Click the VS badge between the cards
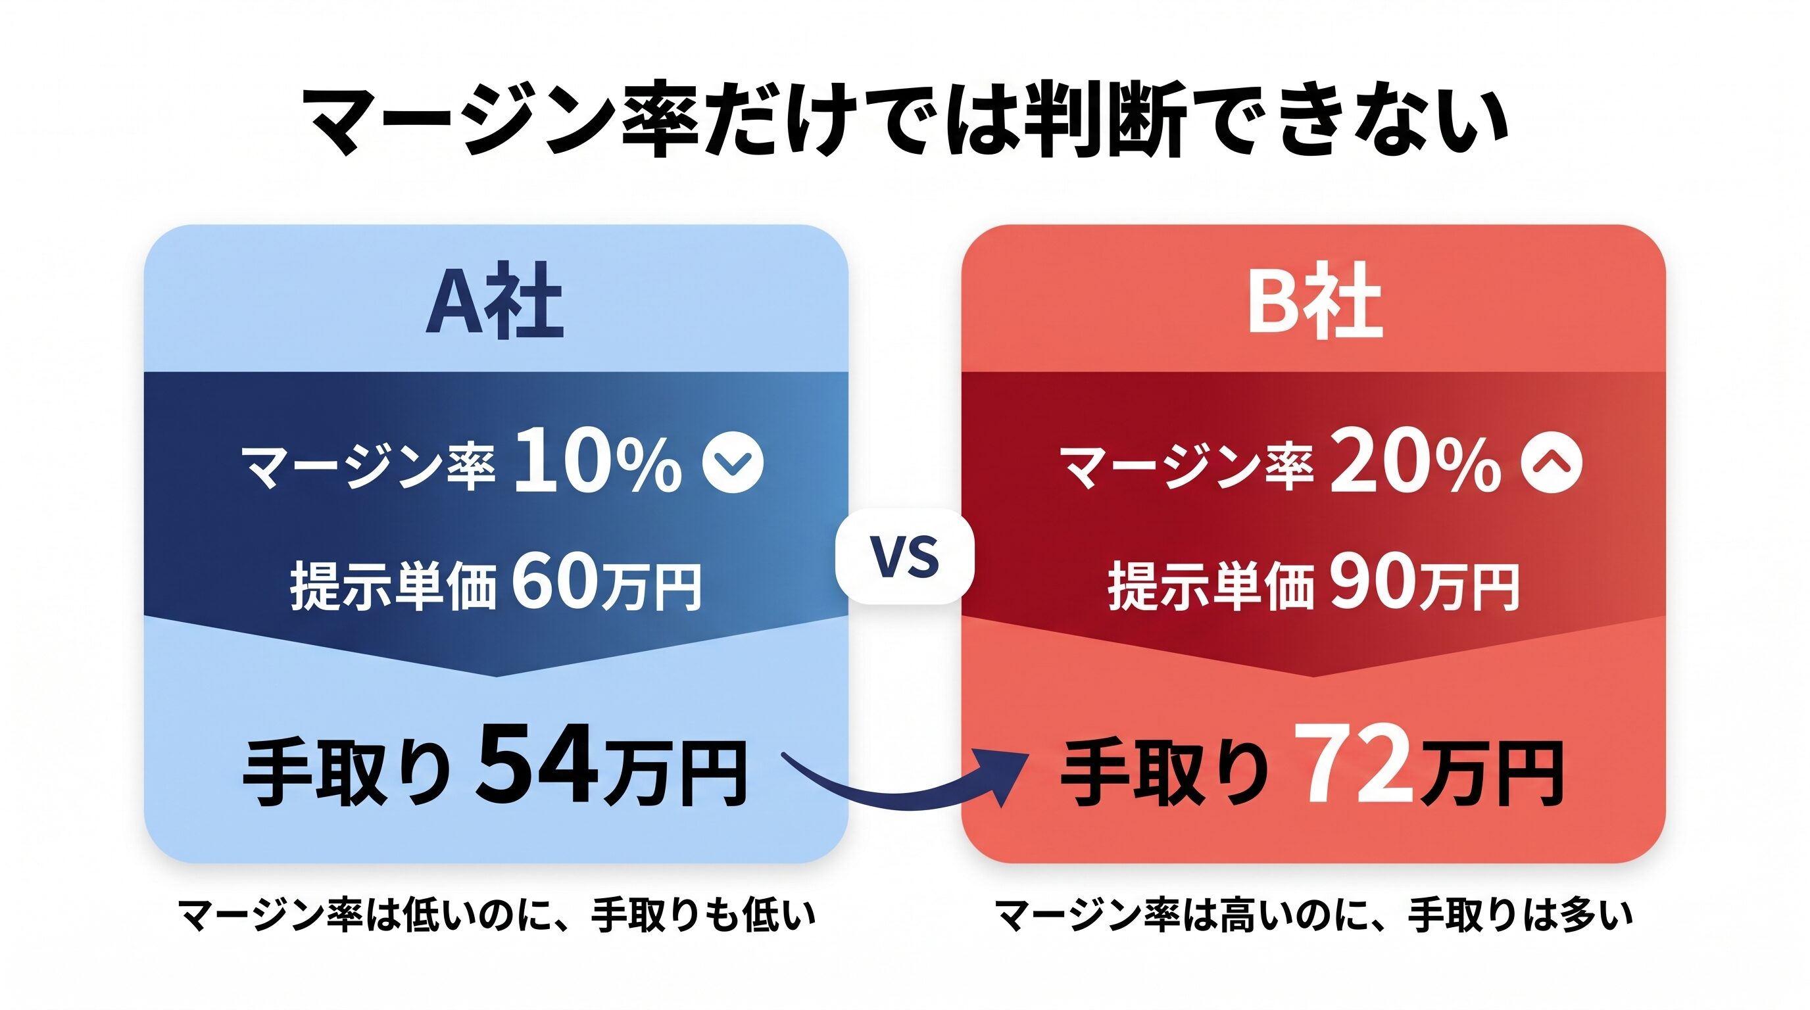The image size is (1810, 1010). click(904, 556)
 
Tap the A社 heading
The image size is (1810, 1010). click(495, 302)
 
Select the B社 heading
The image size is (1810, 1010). click(1314, 302)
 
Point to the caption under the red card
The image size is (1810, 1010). click(1313, 915)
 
